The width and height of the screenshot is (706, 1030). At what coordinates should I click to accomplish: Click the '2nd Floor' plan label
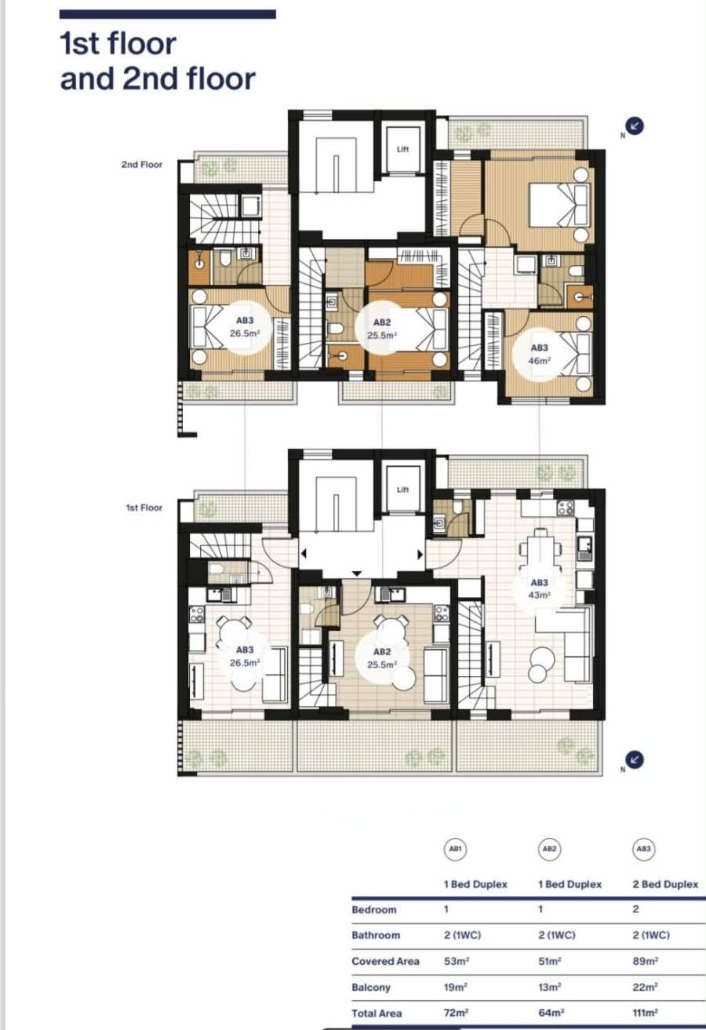pyautogui.click(x=142, y=164)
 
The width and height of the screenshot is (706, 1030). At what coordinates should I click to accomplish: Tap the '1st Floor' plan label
pyautogui.click(x=144, y=508)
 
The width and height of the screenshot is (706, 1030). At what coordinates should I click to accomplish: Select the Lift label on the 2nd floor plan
pyautogui.click(x=402, y=149)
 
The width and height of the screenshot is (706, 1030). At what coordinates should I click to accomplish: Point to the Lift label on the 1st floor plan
pyautogui.click(x=402, y=490)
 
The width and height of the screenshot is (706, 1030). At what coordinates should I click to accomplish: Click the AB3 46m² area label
pyautogui.click(x=540, y=355)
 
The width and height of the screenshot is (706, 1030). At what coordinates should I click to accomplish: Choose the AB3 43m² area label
pyautogui.click(x=540, y=589)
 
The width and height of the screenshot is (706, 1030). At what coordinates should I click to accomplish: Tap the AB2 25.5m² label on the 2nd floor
pyautogui.click(x=382, y=329)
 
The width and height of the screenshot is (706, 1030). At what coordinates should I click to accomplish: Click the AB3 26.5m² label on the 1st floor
pyautogui.click(x=245, y=656)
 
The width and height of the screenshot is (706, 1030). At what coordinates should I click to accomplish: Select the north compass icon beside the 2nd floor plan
pyautogui.click(x=635, y=126)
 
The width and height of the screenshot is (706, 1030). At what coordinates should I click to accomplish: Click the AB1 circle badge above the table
pyautogui.click(x=455, y=849)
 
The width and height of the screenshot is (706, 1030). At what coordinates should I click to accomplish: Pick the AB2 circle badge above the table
pyautogui.click(x=550, y=849)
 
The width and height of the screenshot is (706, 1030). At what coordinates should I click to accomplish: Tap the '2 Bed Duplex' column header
pyautogui.click(x=665, y=884)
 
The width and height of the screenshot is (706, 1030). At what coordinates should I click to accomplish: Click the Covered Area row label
pyautogui.click(x=385, y=961)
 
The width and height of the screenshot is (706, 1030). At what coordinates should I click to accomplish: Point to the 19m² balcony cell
pyautogui.click(x=456, y=987)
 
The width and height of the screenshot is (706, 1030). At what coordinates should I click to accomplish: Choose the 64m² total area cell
pyautogui.click(x=551, y=1013)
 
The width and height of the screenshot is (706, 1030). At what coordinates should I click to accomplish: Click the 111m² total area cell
pyautogui.click(x=646, y=1013)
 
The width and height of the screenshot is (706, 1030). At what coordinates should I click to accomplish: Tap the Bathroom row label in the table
pyautogui.click(x=376, y=935)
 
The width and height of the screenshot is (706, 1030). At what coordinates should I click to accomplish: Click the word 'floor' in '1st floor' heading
pyautogui.click(x=142, y=44)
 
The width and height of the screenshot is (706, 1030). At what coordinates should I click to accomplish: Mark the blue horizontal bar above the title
pyautogui.click(x=167, y=14)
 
